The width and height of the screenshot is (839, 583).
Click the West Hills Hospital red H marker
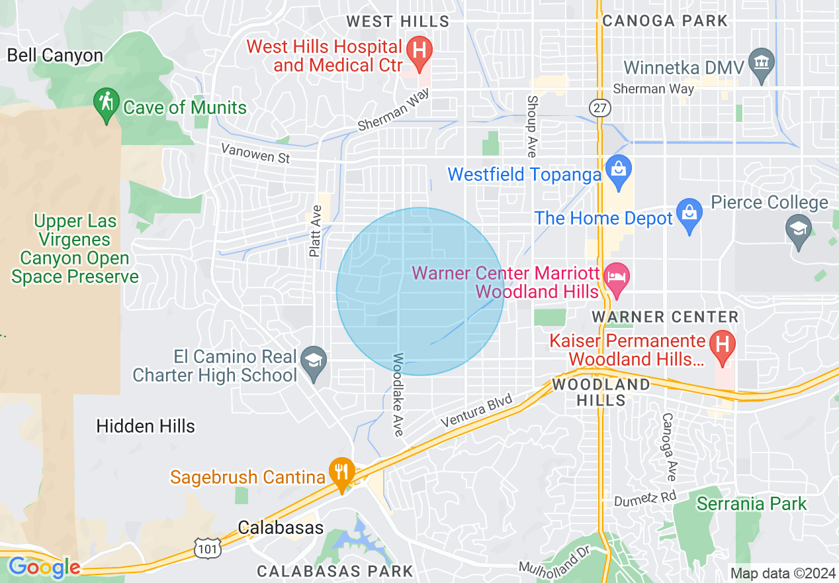tap(419, 50)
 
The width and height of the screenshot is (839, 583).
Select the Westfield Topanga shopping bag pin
tap(619, 169)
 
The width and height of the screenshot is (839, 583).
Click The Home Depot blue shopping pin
tap(689, 214)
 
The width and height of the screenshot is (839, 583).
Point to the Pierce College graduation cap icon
tap(799, 229)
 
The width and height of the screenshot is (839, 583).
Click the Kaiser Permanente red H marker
tap(722, 345)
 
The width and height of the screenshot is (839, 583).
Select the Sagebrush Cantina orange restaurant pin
tap(342, 472)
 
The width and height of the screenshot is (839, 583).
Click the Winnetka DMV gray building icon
tap(762, 63)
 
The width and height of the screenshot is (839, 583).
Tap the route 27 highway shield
tap(599, 108)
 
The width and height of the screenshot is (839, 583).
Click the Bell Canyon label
tap(55, 55)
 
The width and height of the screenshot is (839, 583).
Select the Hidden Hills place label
tap(146, 426)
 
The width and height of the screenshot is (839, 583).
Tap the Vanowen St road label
tap(255, 153)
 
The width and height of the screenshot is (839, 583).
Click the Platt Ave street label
tap(316, 231)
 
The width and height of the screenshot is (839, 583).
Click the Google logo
tap(44, 567)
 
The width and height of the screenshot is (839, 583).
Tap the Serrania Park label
tap(752, 503)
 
